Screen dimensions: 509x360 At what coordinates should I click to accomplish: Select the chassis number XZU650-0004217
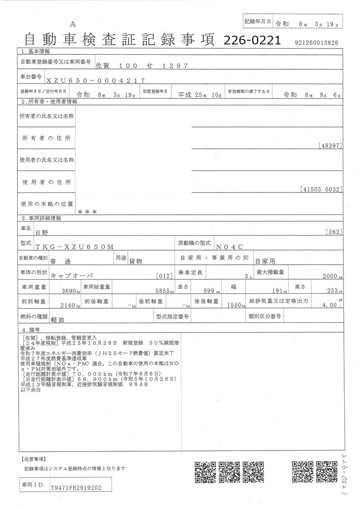96,80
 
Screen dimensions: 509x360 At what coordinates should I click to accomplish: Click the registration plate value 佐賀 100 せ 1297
142,66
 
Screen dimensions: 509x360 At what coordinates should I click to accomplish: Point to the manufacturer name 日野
41,233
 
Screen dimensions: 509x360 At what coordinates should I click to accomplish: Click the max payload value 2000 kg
332,276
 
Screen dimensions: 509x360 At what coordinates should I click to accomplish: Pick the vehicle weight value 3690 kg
69,291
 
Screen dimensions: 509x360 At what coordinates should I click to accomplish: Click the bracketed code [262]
334,232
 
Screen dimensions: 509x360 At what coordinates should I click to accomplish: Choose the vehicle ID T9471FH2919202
75,489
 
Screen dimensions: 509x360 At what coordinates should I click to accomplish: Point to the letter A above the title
73,24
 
